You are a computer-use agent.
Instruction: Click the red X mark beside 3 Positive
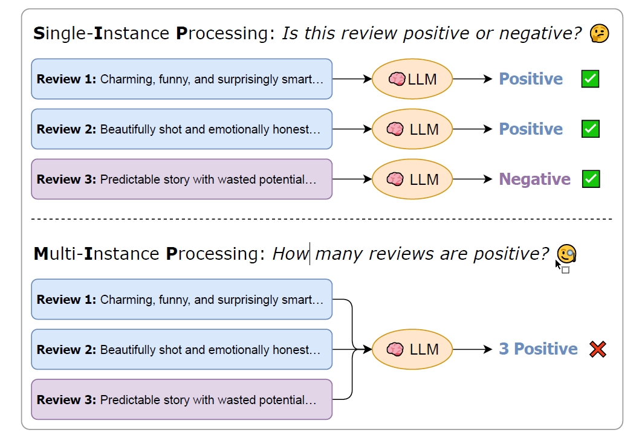click(x=598, y=350)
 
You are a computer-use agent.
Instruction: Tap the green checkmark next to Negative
click(x=591, y=179)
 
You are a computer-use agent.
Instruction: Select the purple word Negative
click(x=534, y=179)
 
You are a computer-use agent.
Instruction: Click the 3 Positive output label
click(x=538, y=349)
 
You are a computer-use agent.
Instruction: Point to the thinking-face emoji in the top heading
click(x=600, y=34)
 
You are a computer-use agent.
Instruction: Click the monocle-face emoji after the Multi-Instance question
click(x=566, y=254)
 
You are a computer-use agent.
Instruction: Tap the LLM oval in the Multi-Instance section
click(x=412, y=350)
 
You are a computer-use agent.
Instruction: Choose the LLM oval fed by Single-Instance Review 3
click(x=412, y=179)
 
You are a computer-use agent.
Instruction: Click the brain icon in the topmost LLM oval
click(x=397, y=79)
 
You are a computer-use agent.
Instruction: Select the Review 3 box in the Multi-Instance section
click(x=182, y=399)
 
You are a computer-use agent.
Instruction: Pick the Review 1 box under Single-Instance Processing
click(x=182, y=79)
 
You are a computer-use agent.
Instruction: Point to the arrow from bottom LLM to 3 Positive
click(x=473, y=350)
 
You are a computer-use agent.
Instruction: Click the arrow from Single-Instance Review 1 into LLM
click(x=352, y=79)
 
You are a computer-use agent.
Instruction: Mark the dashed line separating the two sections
click(x=322, y=219)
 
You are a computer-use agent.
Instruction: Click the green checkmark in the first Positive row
click(x=591, y=79)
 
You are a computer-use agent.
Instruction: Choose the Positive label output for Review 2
click(x=531, y=129)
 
